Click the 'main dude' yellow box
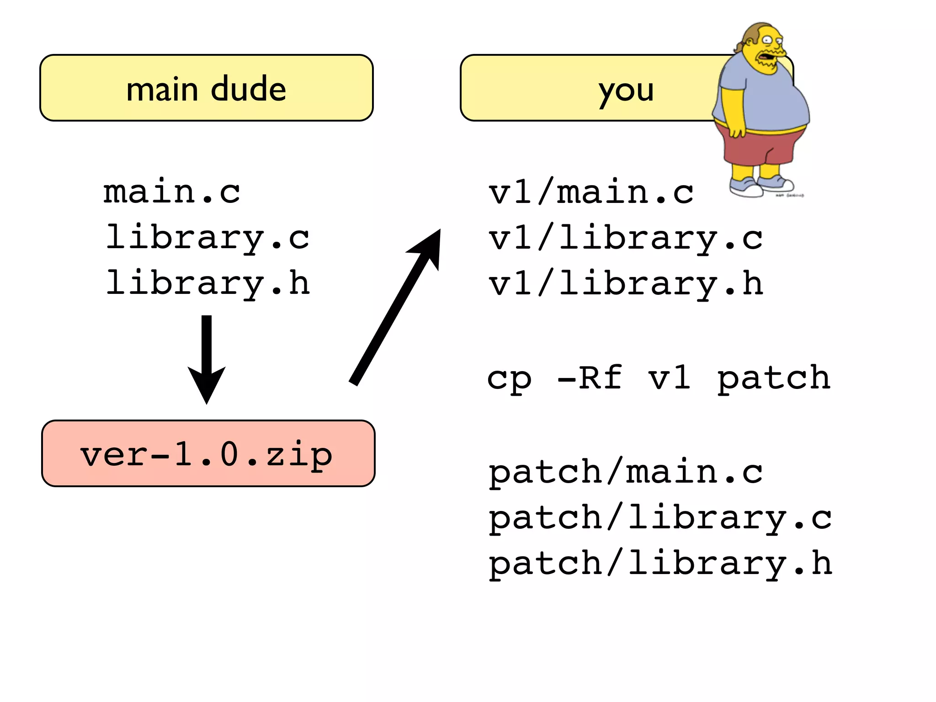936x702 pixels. pyautogui.click(x=206, y=88)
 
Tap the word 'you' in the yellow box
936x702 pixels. pyautogui.click(x=626, y=90)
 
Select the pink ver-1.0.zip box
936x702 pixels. pyautogui.click(x=208, y=453)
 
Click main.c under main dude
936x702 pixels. pyautogui.click(x=171, y=192)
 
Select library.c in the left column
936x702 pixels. pyautogui.click(x=207, y=238)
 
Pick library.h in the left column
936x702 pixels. pyautogui.click(x=207, y=283)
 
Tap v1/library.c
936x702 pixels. pyautogui.click(x=626, y=238)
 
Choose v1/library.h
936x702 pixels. pyautogui.click(x=626, y=284)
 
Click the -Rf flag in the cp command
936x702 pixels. pyautogui.click(x=590, y=378)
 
